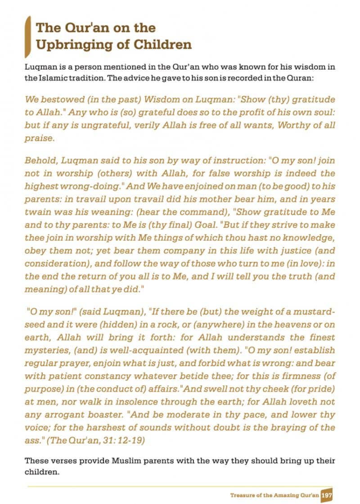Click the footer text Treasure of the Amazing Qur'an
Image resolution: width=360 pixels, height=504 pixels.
(274, 495)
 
